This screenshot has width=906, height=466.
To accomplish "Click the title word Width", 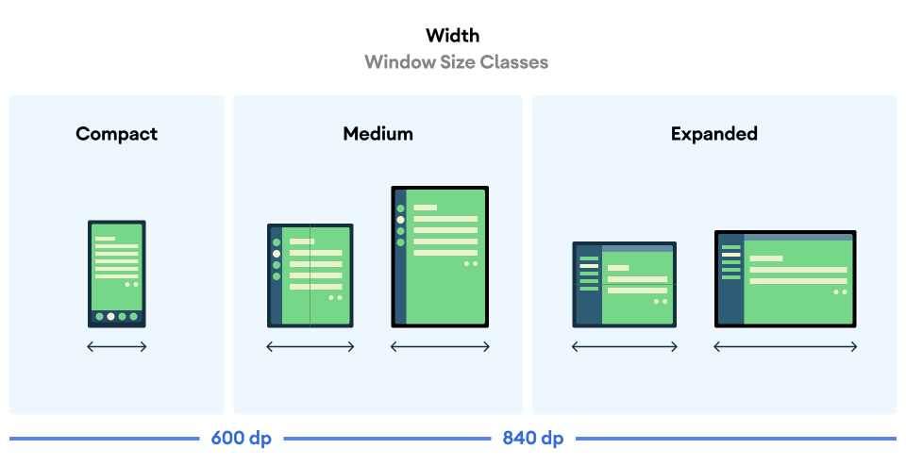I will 453,36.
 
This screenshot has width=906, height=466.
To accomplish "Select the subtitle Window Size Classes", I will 456,62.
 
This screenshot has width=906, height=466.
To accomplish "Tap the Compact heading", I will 117,134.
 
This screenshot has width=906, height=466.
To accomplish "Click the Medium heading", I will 377,134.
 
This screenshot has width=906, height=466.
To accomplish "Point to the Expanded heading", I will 713,134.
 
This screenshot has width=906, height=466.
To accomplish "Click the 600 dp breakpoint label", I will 241,439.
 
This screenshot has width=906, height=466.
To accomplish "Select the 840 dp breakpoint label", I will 532,439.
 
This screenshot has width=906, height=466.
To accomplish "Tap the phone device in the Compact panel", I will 117,274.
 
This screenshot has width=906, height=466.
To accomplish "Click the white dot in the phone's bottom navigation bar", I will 111,317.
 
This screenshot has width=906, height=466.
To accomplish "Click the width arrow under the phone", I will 117,347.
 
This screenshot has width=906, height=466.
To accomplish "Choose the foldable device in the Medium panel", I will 310,275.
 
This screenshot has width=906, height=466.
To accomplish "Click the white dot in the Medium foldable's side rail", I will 277,254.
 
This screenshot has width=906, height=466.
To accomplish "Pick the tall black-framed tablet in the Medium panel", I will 440,257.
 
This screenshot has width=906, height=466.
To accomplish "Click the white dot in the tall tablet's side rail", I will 401,220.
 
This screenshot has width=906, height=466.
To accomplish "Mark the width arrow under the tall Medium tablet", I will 440,347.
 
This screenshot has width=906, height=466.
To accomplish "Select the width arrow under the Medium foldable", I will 310,347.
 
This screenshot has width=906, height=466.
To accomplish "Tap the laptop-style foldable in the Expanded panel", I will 624,284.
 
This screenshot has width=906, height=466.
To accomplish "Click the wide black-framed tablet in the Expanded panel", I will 785,278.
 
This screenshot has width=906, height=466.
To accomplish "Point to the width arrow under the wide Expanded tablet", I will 785,347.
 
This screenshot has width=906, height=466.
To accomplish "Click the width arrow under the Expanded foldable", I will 624,347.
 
